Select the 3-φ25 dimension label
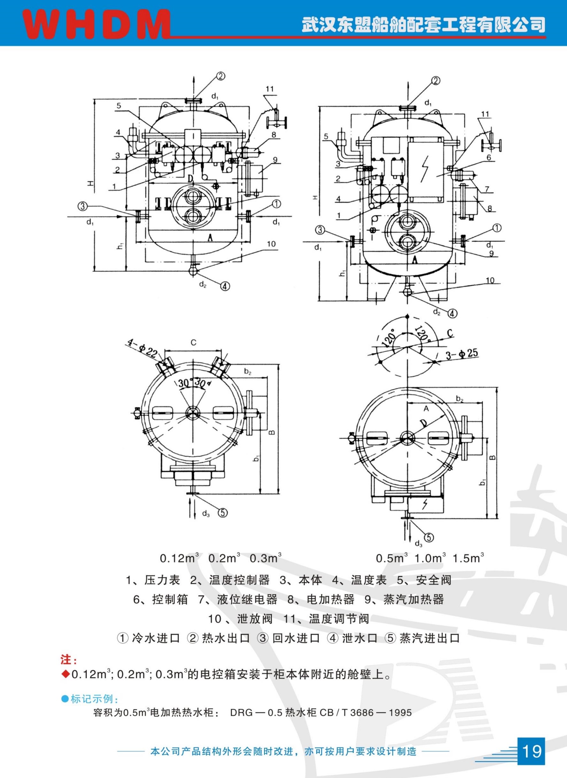tap(462, 354)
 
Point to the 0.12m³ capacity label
tap(179, 558)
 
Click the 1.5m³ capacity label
tap(468, 558)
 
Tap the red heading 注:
tap(69, 660)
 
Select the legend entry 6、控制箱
tap(161, 600)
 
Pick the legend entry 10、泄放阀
tap(240, 619)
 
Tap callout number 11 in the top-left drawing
tap(269, 89)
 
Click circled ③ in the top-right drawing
tap(320, 230)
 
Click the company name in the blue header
tap(423, 25)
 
